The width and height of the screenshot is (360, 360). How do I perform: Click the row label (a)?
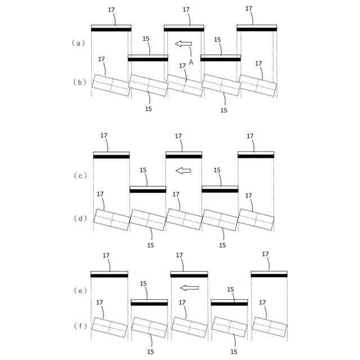pyautogui.click(x=79, y=43)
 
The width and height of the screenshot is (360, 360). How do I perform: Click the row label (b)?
pyautogui.click(x=79, y=82)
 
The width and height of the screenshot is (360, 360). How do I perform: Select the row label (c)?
pyautogui.click(x=80, y=175)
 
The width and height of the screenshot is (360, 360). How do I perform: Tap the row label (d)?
pyautogui.click(x=80, y=218)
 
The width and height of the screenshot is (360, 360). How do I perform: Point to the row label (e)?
pyautogui.click(x=79, y=290)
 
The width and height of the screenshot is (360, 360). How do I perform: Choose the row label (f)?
pyautogui.click(x=79, y=325)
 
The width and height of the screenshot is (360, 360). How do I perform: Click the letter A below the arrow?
pyautogui.click(x=191, y=62)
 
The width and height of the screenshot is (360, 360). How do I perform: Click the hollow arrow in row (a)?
pyautogui.click(x=183, y=43)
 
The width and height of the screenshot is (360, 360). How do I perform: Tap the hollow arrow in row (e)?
pyautogui.click(x=190, y=288)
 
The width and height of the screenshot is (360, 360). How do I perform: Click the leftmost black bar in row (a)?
pyautogui.click(x=111, y=29)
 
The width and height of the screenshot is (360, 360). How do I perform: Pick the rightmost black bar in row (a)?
pyautogui.click(x=256, y=29)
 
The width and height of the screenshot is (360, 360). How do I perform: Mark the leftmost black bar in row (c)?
pyautogui.click(x=111, y=156)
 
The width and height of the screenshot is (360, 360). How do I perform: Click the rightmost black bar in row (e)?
pyautogui.click(x=269, y=275)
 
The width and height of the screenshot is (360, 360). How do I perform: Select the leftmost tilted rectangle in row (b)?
pyautogui.click(x=111, y=85)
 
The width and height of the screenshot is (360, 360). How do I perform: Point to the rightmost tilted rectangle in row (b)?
pyautogui.click(x=258, y=85)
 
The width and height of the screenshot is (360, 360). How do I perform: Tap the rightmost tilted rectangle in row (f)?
pyautogui.click(x=269, y=327)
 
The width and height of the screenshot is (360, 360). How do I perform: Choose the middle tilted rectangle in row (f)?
pyautogui.click(x=189, y=327)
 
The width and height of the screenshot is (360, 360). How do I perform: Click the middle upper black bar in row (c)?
pyautogui.click(x=183, y=156)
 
